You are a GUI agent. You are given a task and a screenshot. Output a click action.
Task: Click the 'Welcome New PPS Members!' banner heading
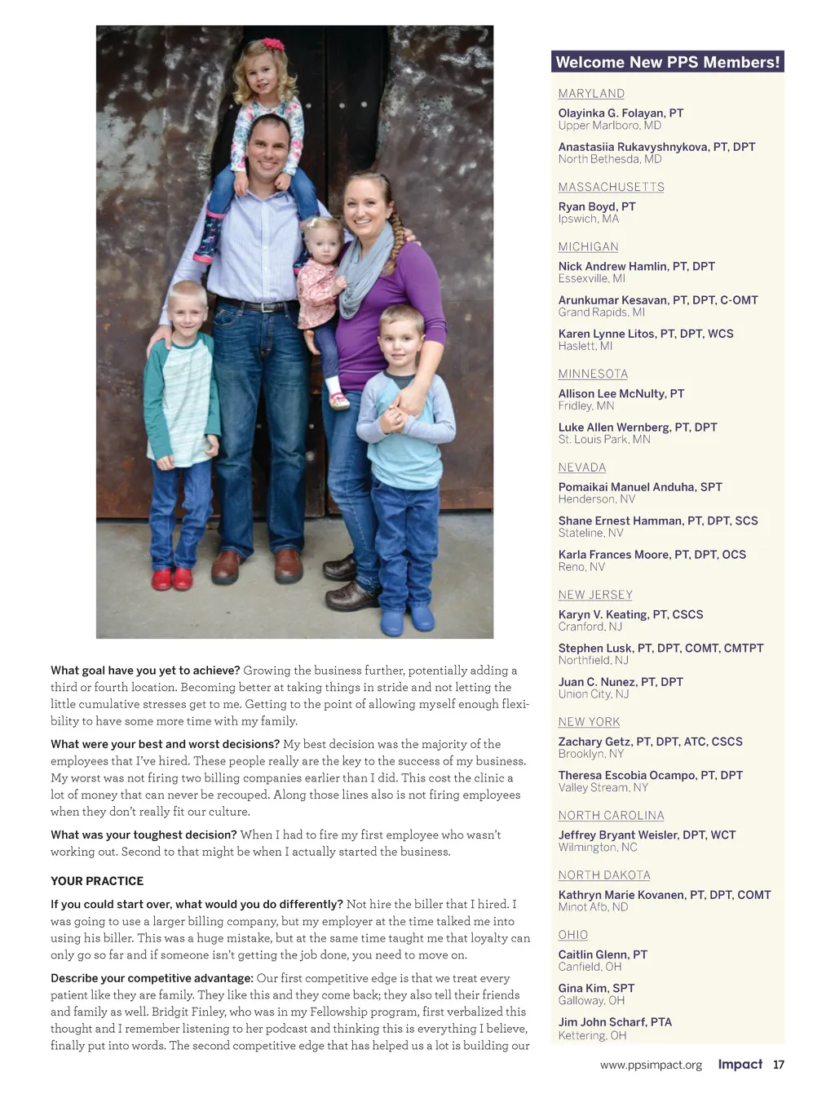(x=667, y=62)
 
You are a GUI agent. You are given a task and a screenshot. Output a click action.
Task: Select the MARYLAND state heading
(x=591, y=94)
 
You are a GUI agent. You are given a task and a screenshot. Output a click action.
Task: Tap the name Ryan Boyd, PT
(x=596, y=206)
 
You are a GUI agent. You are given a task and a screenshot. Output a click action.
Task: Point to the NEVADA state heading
(x=581, y=467)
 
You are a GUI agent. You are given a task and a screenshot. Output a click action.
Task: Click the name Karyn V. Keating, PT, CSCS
(x=630, y=614)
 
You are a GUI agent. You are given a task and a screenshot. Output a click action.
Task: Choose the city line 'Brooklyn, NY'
(x=590, y=754)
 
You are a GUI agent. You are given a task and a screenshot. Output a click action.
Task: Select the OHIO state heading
(x=572, y=935)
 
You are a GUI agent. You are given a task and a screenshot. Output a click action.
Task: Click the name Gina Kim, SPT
(x=596, y=988)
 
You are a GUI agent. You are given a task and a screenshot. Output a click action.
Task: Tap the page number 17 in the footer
(x=779, y=1065)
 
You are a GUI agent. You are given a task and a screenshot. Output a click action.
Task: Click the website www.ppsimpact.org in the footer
(x=651, y=1065)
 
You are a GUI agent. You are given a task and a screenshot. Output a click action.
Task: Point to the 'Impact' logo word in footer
(x=740, y=1064)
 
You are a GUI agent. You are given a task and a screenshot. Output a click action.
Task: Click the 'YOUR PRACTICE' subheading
(x=97, y=881)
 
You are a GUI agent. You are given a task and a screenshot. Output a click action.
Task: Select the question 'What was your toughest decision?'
(x=144, y=835)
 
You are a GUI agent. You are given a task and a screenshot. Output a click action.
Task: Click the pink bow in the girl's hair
(x=272, y=45)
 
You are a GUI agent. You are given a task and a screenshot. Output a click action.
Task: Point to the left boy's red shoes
(x=172, y=578)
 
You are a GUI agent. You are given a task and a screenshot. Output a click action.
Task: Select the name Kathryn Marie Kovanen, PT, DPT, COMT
(x=664, y=895)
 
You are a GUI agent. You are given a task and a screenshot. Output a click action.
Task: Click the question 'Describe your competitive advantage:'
(x=152, y=978)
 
